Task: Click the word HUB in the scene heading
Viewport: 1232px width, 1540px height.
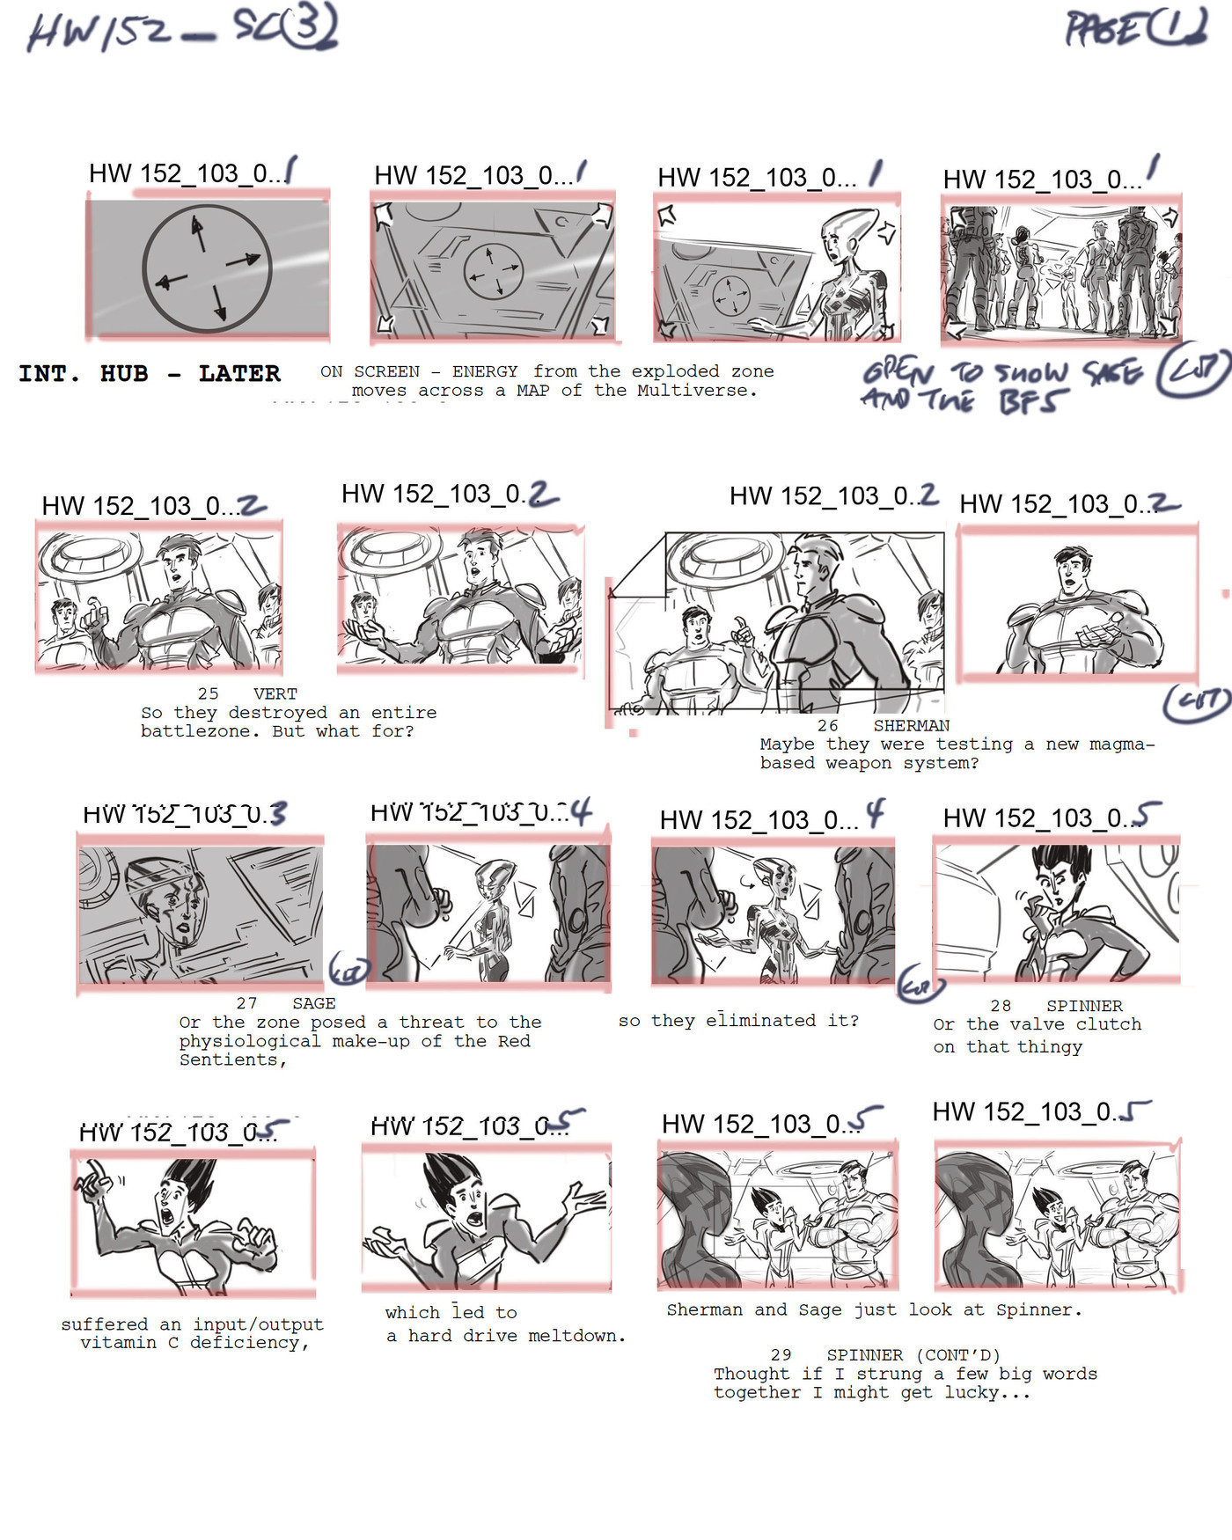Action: point(124,374)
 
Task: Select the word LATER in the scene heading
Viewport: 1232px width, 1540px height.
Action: point(239,374)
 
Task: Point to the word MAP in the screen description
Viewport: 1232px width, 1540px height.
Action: point(534,391)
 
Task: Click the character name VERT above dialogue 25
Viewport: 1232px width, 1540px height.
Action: point(275,694)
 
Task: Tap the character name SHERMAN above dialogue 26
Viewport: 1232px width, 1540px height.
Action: point(911,726)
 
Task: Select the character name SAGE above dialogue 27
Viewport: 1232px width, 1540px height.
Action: point(314,1003)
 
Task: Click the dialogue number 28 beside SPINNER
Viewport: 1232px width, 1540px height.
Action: point(1001,1006)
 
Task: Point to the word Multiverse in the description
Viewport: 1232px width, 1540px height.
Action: point(693,391)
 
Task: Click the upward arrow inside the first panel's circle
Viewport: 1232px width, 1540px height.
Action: point(198,233)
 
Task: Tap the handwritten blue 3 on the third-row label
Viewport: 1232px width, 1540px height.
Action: point(277,813)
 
